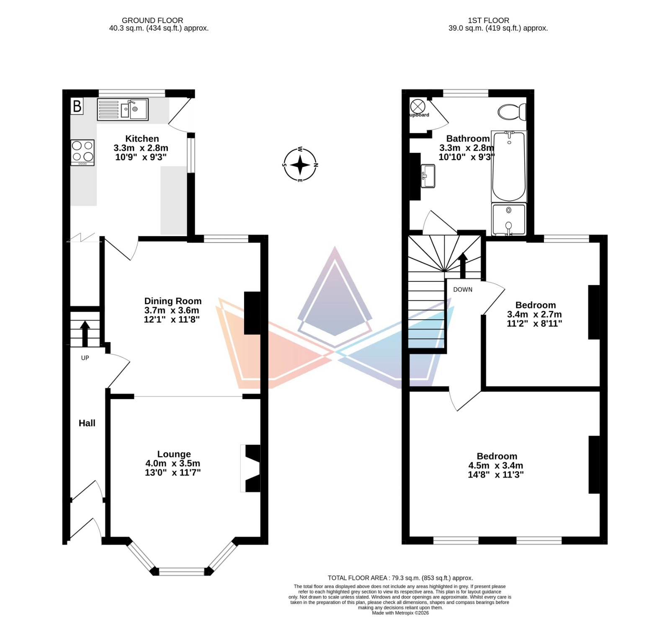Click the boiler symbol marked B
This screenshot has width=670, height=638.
pos(77,106)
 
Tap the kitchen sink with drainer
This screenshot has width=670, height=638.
pos(123,109)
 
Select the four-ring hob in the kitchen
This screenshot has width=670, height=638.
pos(82,152)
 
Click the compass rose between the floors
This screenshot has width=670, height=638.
pos(300,165)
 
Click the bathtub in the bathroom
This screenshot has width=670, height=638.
pos(509,166)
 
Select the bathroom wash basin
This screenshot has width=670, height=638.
pos(428,176)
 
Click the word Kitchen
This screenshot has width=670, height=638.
pos(142,139)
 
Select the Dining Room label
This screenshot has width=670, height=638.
pos(173,301)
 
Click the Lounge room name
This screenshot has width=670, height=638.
pos(174,454)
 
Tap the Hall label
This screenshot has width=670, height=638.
pos(87,423)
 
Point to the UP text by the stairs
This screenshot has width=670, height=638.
pos(85,358)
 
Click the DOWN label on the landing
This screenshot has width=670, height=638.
pos(463,289)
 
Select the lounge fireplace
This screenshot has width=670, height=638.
pos(250,468)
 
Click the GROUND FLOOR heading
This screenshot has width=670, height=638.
pos(152,20)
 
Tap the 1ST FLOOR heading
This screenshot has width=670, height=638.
pos(489,20)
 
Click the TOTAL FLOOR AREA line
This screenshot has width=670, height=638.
pos(400,578)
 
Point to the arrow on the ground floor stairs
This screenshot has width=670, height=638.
pos(85,333)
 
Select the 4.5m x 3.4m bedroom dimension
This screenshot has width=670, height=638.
pos(496,465)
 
